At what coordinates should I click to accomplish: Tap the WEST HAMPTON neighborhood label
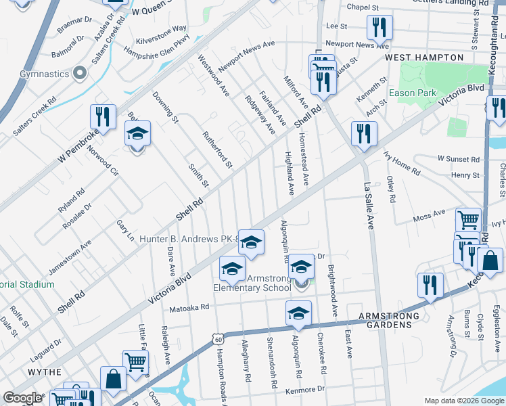click(x=418, y=58)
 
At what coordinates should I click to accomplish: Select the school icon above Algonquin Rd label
click(x=298, y=312)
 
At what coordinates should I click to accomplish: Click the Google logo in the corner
click(x=22, y=398)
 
